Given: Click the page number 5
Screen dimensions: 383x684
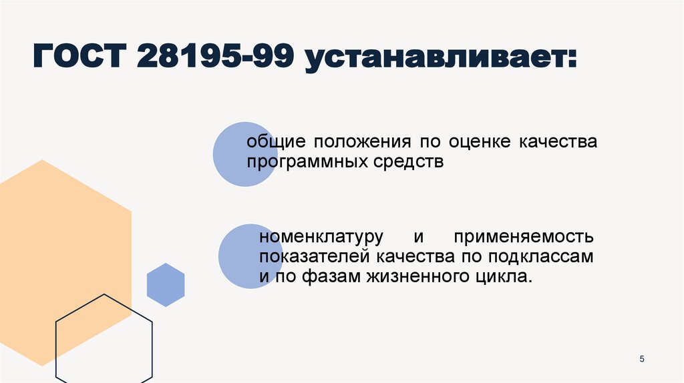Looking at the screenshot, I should [642, 360].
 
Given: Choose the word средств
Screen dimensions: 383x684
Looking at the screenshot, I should [409, 162].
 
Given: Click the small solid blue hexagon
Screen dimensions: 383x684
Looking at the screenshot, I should [165, 285].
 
